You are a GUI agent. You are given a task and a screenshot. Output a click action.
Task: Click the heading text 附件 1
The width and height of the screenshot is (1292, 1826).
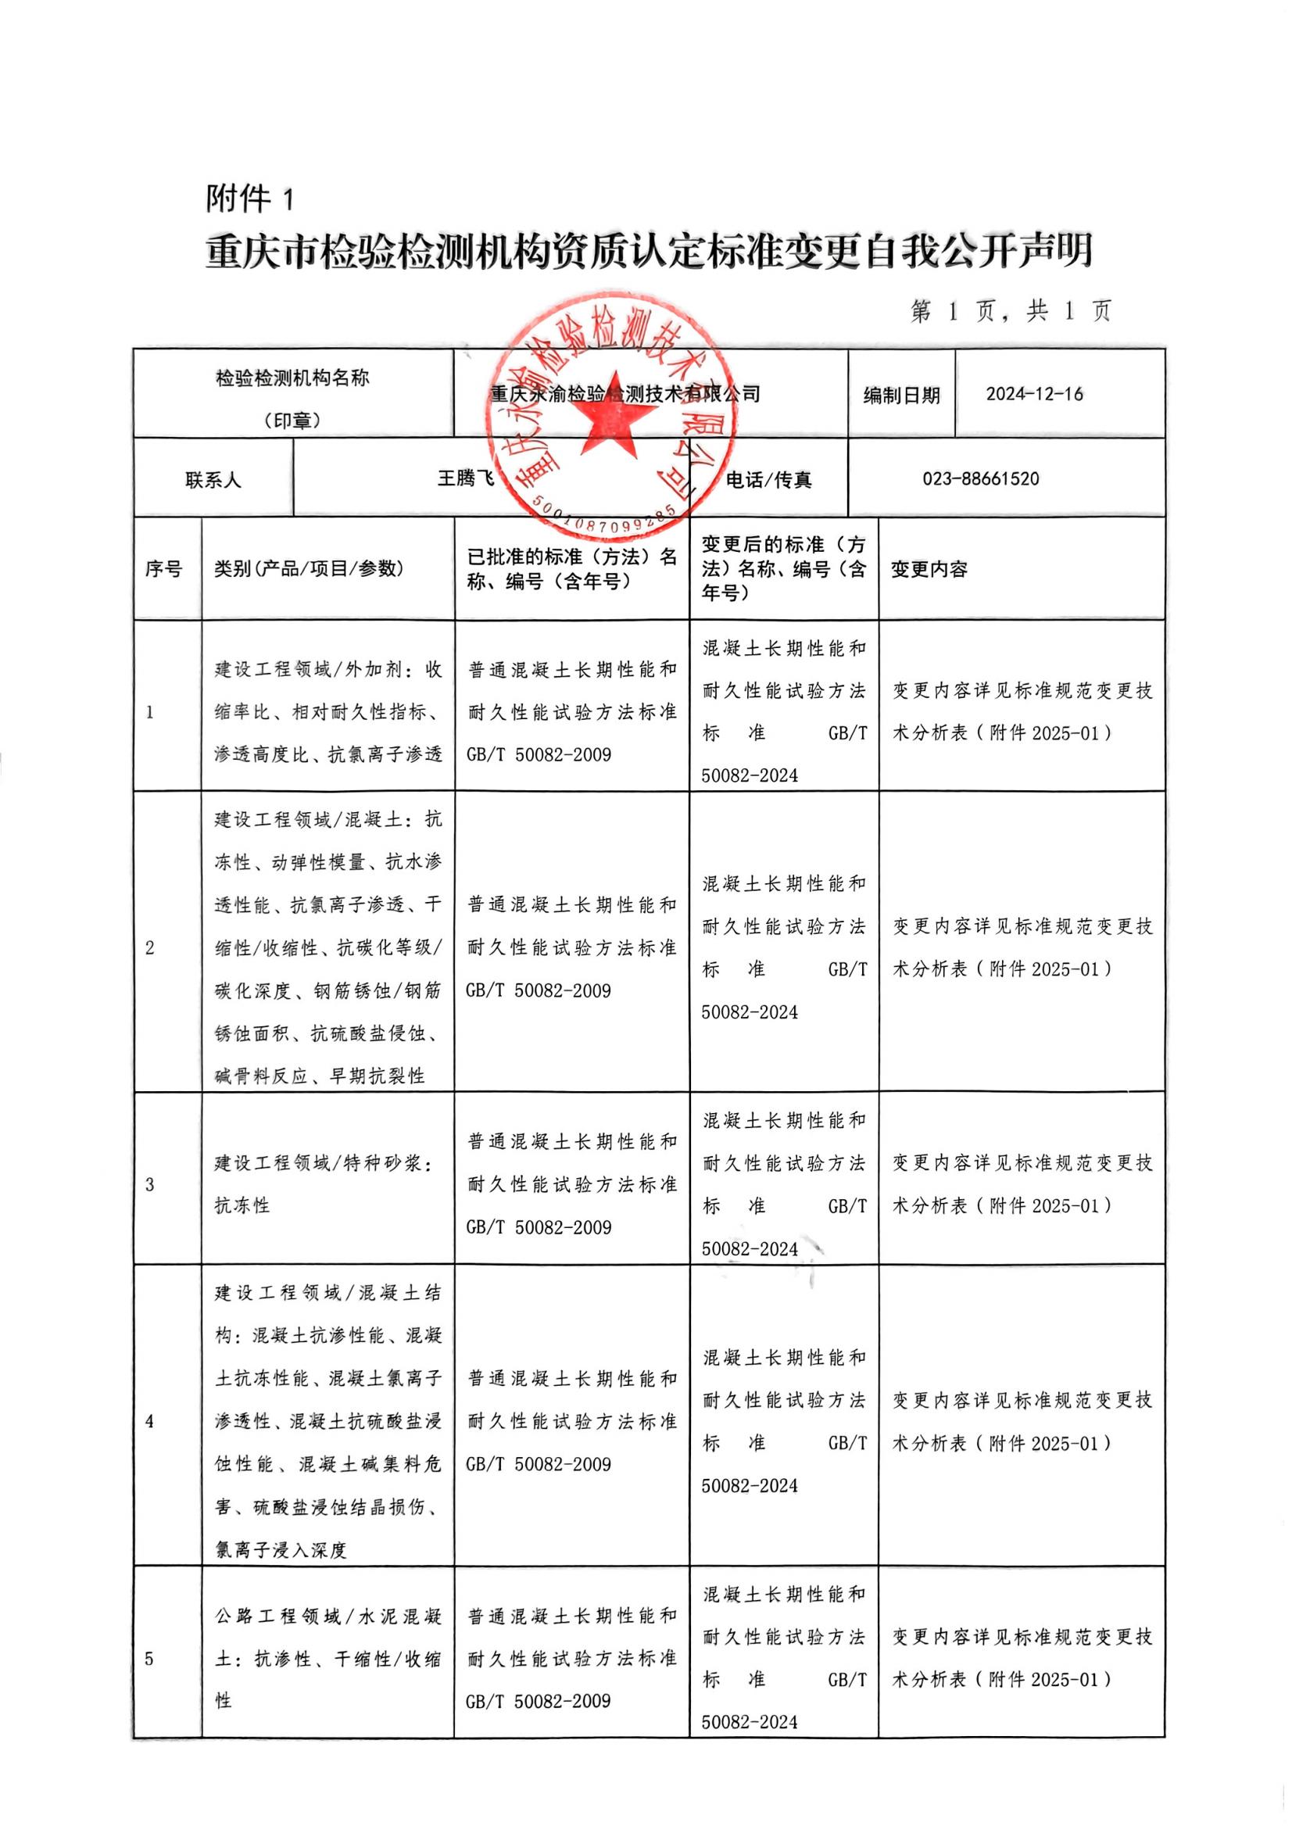[250, 199]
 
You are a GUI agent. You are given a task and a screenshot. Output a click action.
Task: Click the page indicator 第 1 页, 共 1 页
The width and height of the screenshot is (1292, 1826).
[1010, 310]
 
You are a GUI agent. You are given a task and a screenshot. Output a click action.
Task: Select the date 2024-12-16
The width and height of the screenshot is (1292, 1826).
[1034, 394]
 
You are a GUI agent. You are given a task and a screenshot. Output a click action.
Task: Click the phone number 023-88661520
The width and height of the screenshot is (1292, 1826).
[980, 479]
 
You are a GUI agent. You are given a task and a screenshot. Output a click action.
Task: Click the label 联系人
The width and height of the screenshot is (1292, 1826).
[213, 480]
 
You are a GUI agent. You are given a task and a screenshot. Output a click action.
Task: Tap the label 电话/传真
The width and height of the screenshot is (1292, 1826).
[768, 480]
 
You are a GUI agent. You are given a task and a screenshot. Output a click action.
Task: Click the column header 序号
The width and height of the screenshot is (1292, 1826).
[163, 569]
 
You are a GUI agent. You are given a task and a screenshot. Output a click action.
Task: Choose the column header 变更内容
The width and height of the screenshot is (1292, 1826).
[929, 569]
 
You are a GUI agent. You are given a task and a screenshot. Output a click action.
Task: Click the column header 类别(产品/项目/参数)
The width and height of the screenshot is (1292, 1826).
[309, 569]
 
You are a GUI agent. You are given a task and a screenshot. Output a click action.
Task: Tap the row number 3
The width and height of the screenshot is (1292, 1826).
[149, 1185]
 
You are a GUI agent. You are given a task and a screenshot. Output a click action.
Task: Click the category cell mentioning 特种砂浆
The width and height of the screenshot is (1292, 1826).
[326, 1185]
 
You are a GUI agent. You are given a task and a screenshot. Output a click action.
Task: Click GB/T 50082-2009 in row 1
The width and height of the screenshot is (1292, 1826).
[539, 754]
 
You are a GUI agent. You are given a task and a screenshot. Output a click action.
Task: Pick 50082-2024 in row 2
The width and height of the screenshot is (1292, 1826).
[750, 1012]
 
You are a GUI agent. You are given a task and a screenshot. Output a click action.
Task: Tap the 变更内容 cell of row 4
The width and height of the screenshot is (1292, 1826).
[1022, 1422]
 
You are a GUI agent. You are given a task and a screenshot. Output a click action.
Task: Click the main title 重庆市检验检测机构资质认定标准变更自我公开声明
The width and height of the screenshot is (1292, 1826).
[649, 252]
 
